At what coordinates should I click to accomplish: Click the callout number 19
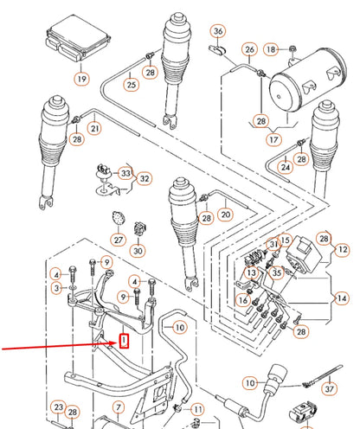pyautogui.click(x=80, y=79)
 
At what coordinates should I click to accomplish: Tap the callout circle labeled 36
pyautogui.click(x=218, y=32)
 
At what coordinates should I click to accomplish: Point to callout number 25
pyautogui.click(x=131, y=85)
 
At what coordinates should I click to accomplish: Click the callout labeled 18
pyautogui.click(x=272, y=48)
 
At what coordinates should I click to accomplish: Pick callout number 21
pyautogui.click(x=94, y=129)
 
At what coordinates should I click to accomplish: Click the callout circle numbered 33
pyautogui.click(x=126, y=174)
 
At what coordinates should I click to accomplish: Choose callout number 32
pyautogui.click(x=145, y=179)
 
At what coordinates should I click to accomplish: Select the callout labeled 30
pyautogui.click(x=138, y=251)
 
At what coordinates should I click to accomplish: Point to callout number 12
pyautogui.click(x=342, y=250)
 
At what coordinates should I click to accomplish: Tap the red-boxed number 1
pyautogui.click(x=124, y=341)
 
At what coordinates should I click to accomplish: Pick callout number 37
pyautogui.click(x=327, y=388)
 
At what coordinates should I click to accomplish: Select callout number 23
pyautogui.click(x=58, y=407)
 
